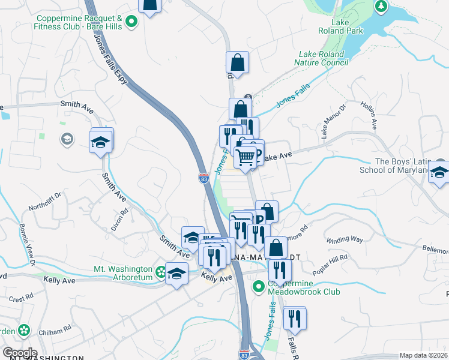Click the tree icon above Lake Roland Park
click(380, 7)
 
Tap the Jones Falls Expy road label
click(111, 58)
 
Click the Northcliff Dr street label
click(46, 202)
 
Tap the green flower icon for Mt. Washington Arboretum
click(160, 272)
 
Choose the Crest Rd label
click(20, 298)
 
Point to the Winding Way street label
click(345, 239)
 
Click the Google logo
click(19, 352)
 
